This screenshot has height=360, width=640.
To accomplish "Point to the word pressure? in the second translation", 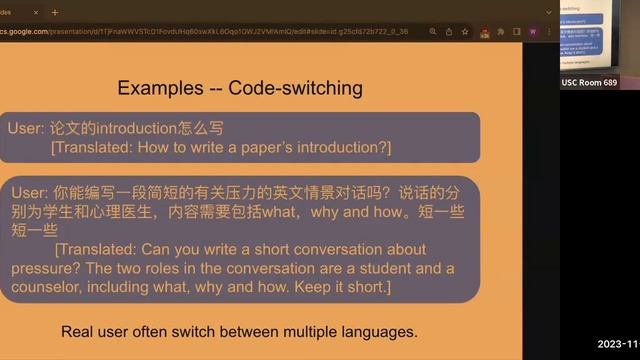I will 44,268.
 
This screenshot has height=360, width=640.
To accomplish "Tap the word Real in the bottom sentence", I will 80,331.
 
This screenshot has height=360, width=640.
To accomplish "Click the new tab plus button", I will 55,12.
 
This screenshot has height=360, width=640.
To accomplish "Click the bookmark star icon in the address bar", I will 466,31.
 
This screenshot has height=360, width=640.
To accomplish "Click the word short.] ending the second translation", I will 363,287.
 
